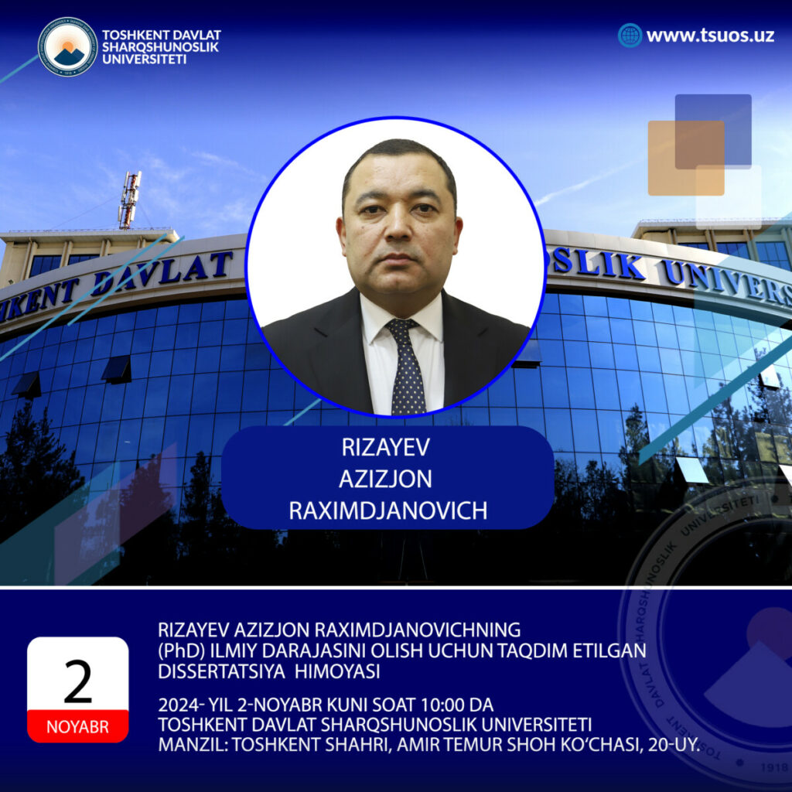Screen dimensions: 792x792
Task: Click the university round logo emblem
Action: click(x=68, y=46)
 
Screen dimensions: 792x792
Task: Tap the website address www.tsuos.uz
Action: click(x=710, y=36)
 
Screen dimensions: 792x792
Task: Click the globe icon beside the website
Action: click(x=630, y=36)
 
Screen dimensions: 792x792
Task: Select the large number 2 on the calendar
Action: click(x=78, y=681)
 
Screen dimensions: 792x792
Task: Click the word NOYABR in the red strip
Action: click(x=78, y=727)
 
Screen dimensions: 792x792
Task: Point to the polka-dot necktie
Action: click(x=407, y=366)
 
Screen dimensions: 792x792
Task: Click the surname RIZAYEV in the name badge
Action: click(x=386, y=447)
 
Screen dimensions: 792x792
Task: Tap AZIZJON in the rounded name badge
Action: click(x=386, y=479)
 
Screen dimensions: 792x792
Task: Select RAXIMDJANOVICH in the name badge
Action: click(x=388, y=510)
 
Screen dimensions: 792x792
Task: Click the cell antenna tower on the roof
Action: click(x=129, y=200)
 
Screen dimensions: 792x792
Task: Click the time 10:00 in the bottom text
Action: click(x=443, y=705)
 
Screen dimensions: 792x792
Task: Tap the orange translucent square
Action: click(x=686, y=158)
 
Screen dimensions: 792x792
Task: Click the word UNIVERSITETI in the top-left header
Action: click(x=145, y=59)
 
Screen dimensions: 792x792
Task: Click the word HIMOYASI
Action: click(x=337, y=671)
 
